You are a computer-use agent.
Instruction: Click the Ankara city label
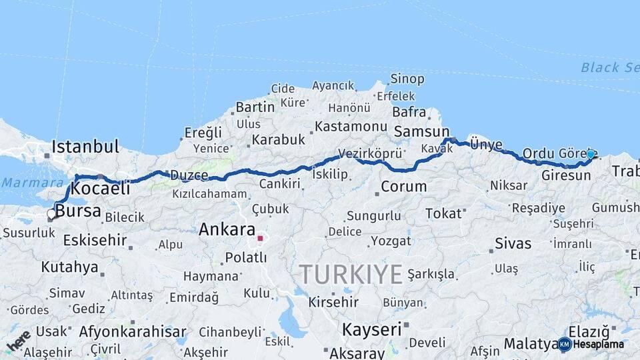[x=227, y=230]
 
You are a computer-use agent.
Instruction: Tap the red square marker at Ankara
[x=260, y=238]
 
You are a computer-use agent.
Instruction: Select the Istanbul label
[x=85, y=147]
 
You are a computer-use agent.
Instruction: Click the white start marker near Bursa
[x=51, y=214]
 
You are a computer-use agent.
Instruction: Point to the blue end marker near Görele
[x=590, y=155]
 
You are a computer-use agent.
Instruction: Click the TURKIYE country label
[x=351, y=274]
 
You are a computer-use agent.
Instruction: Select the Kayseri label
[x=371, y=329]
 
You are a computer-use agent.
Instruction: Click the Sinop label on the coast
[x=407, y=79]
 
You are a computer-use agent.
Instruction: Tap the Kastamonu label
[x=351, y=126]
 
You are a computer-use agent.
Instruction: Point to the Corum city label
[x=403, y=186]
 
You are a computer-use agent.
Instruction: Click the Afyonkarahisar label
[x=133, y=331]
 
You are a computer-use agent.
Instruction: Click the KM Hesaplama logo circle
[x=565, y=344]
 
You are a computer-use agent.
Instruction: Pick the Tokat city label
[x=443, y=214]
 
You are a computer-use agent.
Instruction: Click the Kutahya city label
[x=69, y=267]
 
